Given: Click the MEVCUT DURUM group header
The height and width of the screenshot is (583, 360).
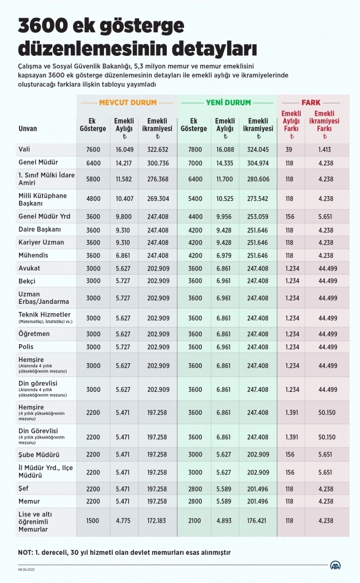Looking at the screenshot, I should pyautogui.click(x=128, y=103).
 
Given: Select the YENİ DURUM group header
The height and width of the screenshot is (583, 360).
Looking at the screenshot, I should pyautogui.click(x=228, y=103).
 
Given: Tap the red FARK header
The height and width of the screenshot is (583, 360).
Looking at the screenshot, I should pyautogui.click(x=311, y=103).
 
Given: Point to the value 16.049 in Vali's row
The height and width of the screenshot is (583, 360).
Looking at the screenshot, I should pyautogui.click(x=125, y=149).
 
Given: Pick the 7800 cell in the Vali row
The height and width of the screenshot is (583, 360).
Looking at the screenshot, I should pyautogui.click(x=194, y=149).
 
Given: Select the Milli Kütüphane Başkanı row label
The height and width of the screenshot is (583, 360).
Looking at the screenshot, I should pyautogui.click(x=43, y=200).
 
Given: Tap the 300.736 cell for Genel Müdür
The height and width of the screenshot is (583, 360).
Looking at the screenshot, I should pyautogui.click(x=158, y=163).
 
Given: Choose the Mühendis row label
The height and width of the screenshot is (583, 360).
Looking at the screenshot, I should pyautogui.click(x=33, y=255).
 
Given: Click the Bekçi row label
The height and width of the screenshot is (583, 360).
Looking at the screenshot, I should pyautogui.click(x=27, y=281).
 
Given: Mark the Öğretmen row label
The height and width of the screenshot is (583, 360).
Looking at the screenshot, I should pyautogui.click(x=34, y=334).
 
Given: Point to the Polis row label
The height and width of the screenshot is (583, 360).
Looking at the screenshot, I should pyautogui.click(x=26, y=347).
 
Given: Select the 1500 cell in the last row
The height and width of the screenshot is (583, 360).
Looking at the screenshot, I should pyautogui.click(x=93, y=520).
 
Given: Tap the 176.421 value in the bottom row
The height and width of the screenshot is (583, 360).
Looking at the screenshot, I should pyautogui.click(x=257, y=520).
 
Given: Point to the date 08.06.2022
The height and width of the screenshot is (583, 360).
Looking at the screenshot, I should pyautogui.click(x=26, y=570).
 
